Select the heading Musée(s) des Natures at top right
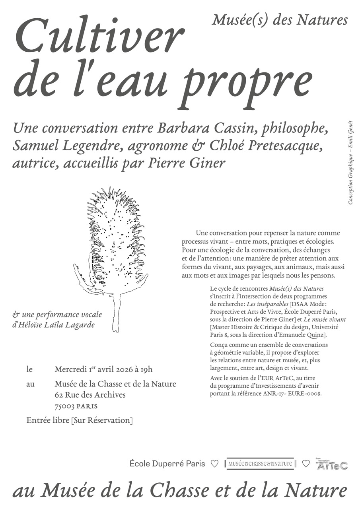click(x=280, y=19)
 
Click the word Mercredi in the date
click(x=71, y=369)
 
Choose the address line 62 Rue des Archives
click(x=90, y=395)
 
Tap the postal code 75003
click(x=64, y=406)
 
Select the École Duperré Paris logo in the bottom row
click(x=167, y=464)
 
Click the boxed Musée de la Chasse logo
click(x=260, y=464)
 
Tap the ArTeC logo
click(x=332, y=465)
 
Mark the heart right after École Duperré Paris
click(x=214, y=464)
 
